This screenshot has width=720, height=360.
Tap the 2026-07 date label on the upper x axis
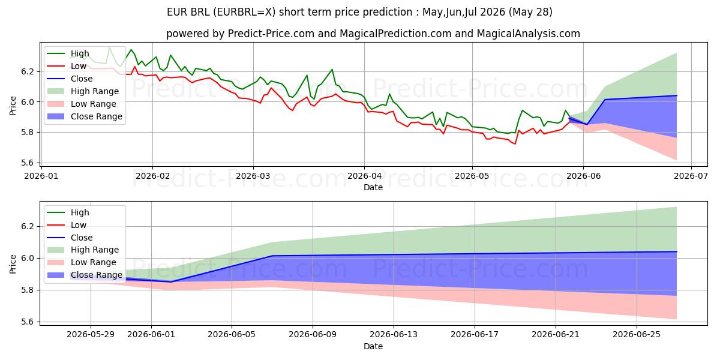click(x=691, y=176)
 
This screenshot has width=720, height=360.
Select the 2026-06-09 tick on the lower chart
click(x=313, y=334)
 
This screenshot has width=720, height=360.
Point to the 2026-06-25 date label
click(x=637, y=334)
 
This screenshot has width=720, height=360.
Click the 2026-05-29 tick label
click(x=91, y=334)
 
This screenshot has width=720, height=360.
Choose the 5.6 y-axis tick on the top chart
click(x=28, y=163)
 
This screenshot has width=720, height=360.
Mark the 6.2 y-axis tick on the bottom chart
click(x=28, y=226)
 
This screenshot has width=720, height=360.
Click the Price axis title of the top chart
click(x=13, y=106)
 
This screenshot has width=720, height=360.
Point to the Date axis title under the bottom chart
click(x=373, y=346)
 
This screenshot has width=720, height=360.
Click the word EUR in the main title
click(x=177, y=12)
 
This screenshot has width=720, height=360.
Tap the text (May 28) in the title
click(x=530, y=12)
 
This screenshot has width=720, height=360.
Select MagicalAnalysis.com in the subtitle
click(x=529, y=34)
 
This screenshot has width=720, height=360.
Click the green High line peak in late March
click(x=332, y=69)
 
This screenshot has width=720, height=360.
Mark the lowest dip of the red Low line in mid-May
click(x=515, y=143)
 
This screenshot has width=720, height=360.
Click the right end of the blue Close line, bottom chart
click(x=677, y=251)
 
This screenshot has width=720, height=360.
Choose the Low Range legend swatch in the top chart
click(x=56, y=104)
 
